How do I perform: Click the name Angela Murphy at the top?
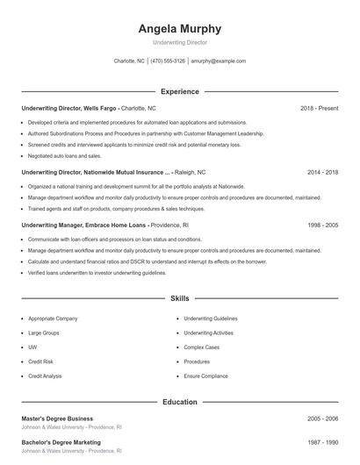[180, 29]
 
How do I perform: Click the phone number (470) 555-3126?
[168, 61]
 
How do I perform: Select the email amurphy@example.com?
[219, 61]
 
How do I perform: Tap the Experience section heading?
[180, 91]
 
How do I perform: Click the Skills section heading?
[180, 299]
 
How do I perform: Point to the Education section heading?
[180, 402]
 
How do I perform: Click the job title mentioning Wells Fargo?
[68, 108]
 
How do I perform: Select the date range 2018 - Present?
[319, 108]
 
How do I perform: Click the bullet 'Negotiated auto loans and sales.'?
[65, 155]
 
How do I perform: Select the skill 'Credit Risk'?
[41, 361]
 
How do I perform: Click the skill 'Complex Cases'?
[201, 347]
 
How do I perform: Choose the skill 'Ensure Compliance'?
[206, 376]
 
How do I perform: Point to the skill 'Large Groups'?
[45, 333]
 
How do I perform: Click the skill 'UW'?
[32, 347]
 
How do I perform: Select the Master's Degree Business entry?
[57, 418]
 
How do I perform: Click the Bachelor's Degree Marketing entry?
[61, 442]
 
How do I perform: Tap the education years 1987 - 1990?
[323, 442]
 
